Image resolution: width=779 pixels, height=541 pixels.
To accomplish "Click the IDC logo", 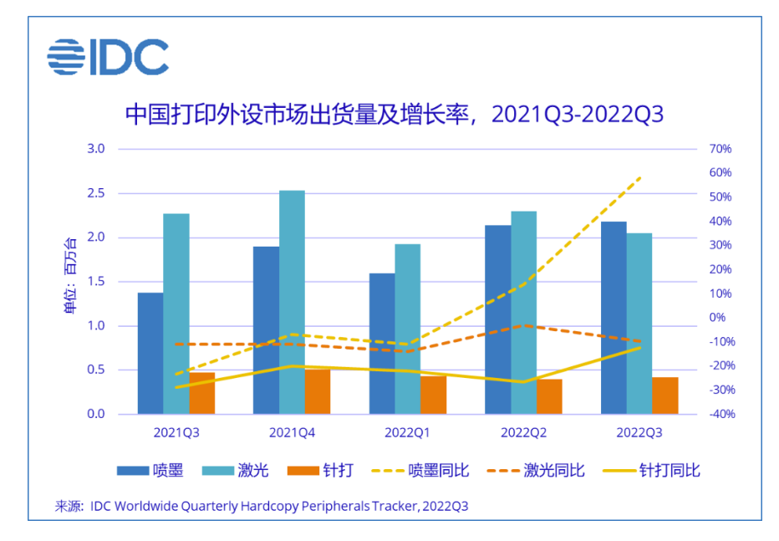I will [x=108, y=58].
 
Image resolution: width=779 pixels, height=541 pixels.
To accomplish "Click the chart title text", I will [x=394, y=115].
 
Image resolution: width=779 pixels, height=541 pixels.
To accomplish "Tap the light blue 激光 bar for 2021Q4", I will [x=292, y=302].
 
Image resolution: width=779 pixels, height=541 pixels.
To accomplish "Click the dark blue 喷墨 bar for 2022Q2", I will [x=498, y=319].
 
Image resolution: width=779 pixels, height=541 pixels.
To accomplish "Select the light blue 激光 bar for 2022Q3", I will [x=639, y=323].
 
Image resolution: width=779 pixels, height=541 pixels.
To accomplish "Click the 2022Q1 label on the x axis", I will [x=407, y=433].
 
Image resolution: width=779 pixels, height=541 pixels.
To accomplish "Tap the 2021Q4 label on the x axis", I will [x=292, y=433].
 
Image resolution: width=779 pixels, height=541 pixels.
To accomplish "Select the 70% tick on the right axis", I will [x=720, y=149].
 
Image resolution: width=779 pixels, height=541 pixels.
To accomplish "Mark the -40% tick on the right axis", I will [x=719, y=414].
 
